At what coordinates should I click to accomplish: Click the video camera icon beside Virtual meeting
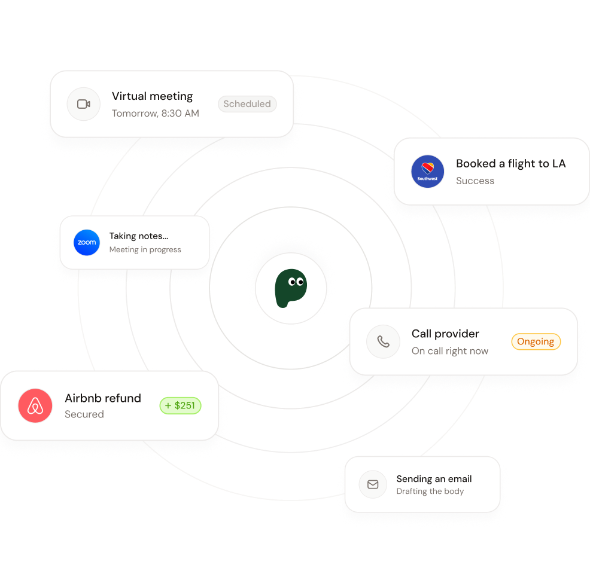point(84,104)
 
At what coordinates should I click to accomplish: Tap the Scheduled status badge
point(247,104)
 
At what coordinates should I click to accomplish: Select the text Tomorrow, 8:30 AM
point(156,113)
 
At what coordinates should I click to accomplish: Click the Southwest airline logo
point(427,172)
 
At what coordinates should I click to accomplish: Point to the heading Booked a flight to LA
point(510,163)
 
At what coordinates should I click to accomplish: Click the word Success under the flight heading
point(475,181)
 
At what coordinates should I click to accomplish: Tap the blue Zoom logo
point(87,243)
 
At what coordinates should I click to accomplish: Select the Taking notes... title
point(139,236)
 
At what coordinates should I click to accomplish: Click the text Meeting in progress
point(145,249)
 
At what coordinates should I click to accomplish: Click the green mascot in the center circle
point(291,288)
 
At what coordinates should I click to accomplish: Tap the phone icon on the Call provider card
point(383,341)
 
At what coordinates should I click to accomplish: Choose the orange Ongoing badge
point(536,341)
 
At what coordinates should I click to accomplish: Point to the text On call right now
point(450,351)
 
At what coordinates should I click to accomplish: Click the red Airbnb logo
point(35,406)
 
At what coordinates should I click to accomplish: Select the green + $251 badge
point(180,405)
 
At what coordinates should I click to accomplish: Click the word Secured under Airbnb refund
point(84,414)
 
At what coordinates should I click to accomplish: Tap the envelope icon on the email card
point(373,484)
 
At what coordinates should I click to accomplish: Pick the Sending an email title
point(434,479)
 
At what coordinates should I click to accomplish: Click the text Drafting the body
point(430,492)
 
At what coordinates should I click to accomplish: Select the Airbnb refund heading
point(103,398)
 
